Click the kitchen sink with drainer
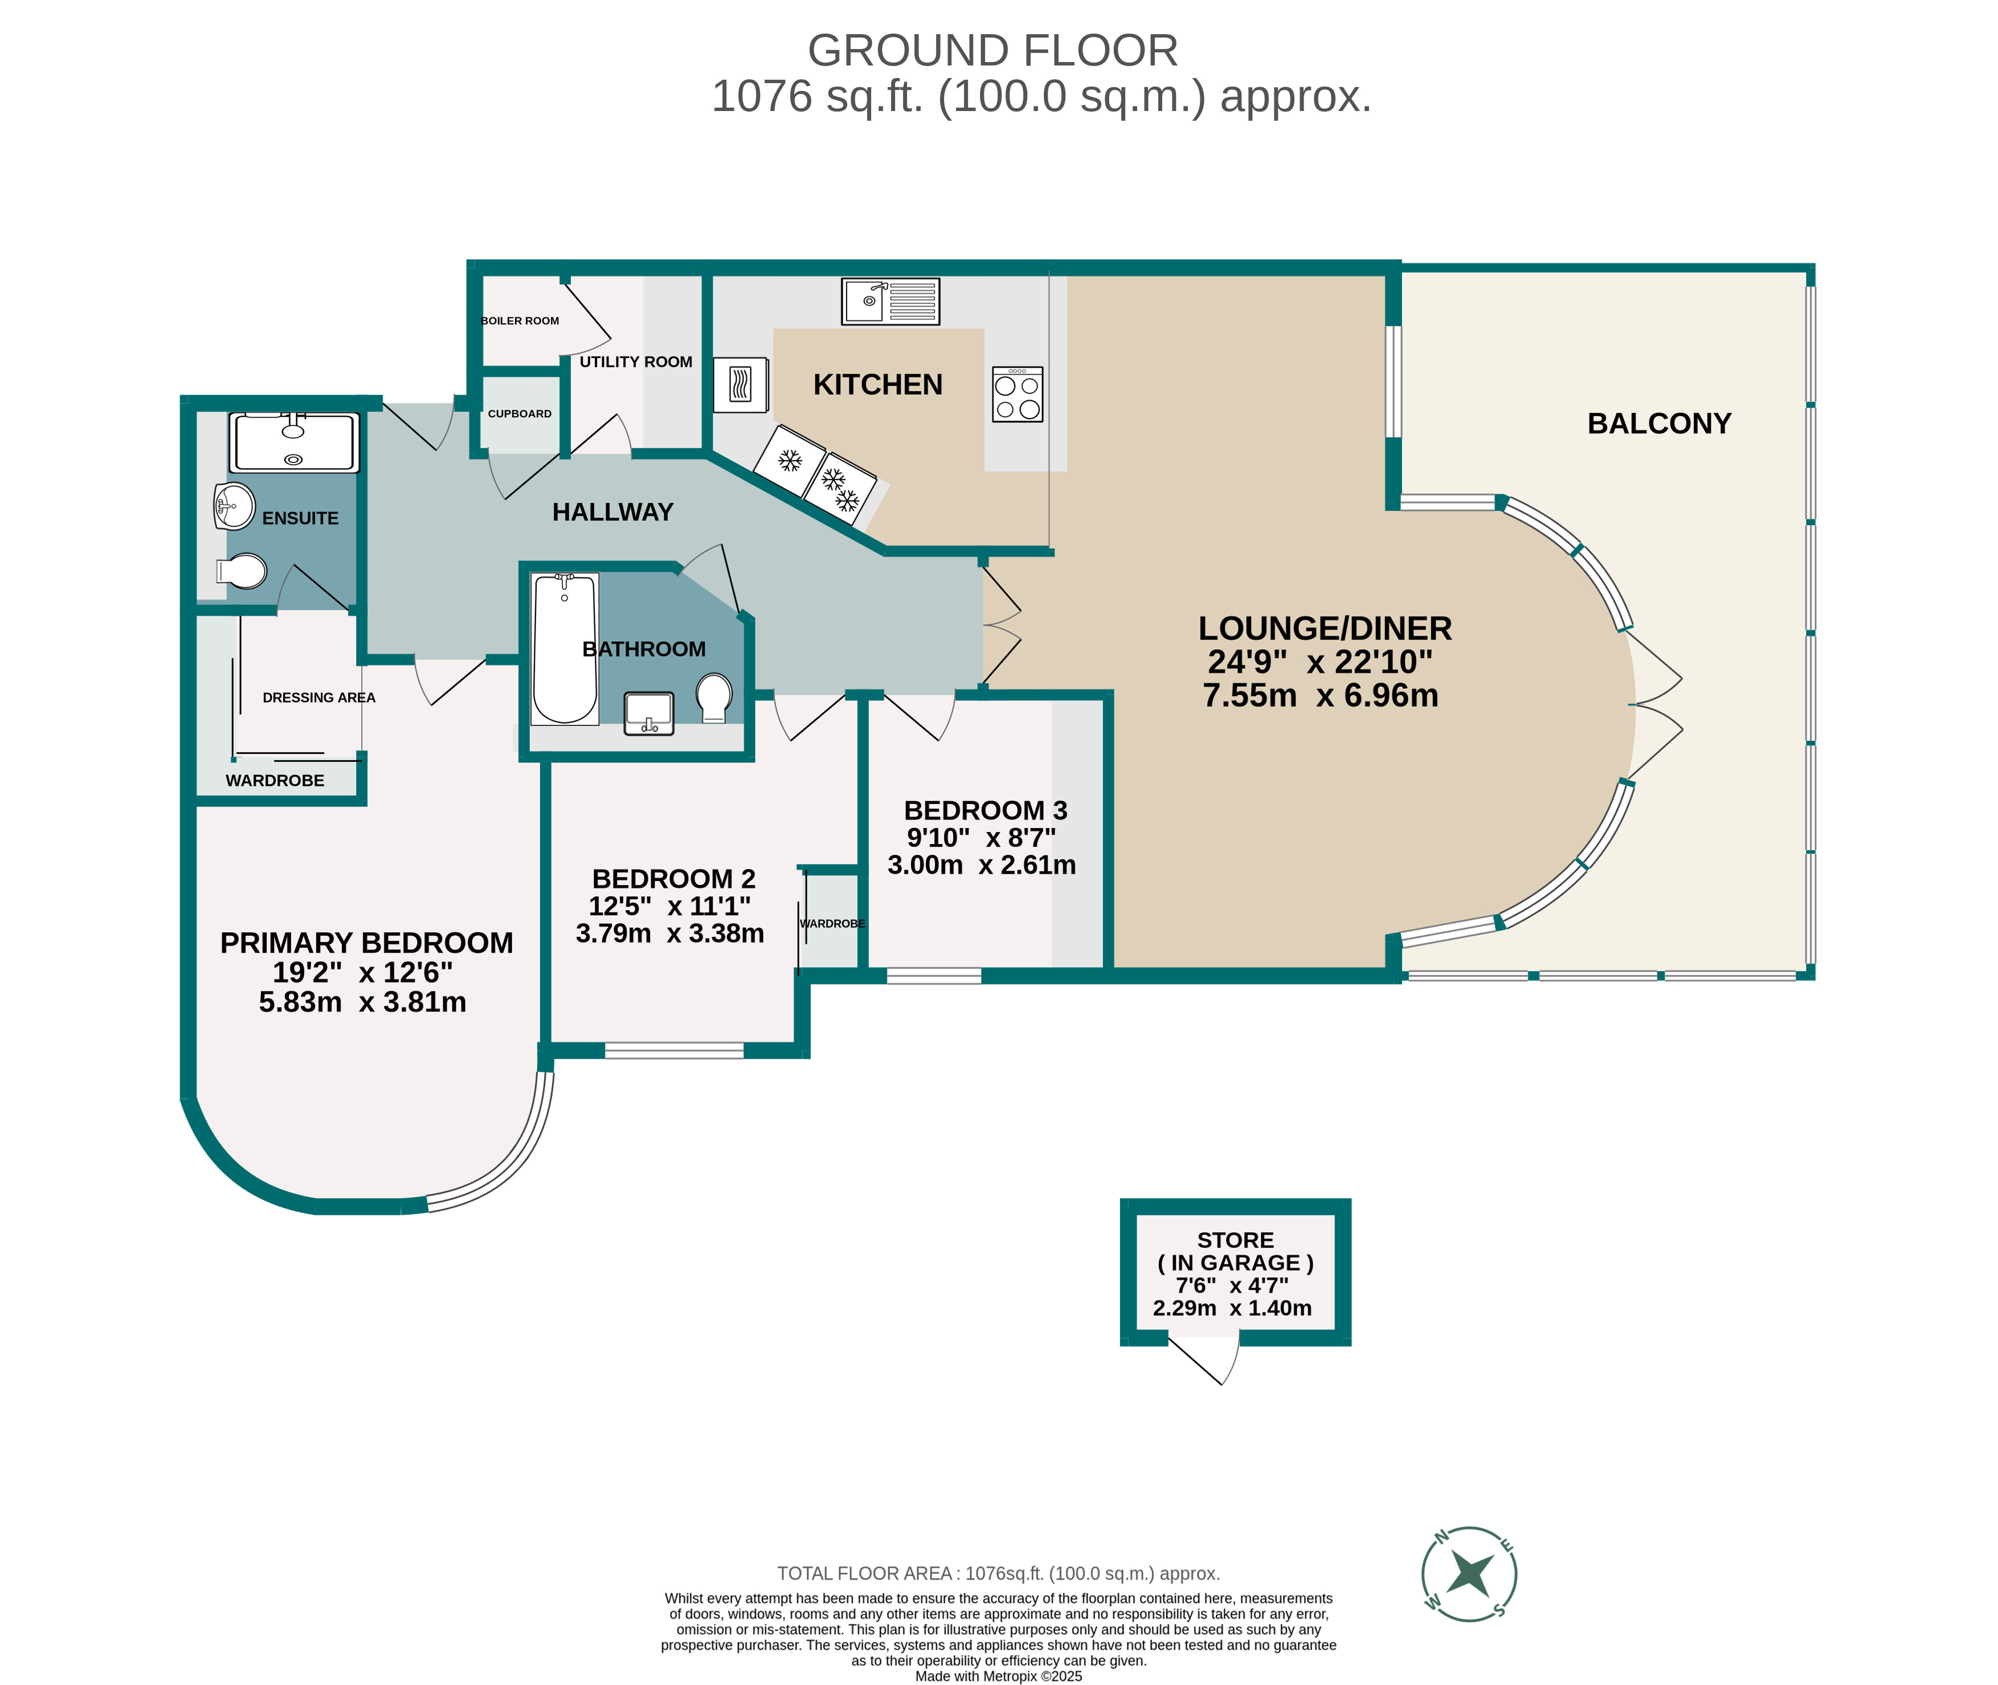[889, 301]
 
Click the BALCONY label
[1659, 423]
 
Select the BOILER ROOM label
[520, 321]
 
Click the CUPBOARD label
[520, 413]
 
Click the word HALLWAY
[612, 512]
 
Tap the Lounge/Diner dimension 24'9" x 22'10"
[1319, 662]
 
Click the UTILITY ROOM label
[635, 362]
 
